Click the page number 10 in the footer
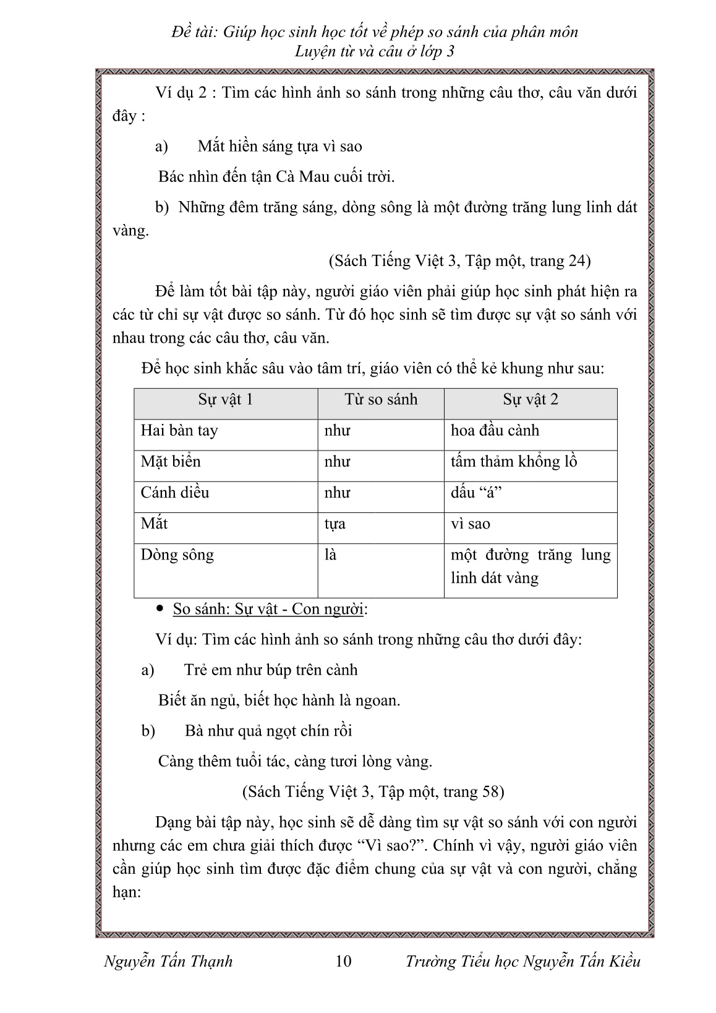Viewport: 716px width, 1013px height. [x=343, y=960]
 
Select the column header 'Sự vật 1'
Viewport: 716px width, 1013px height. [x=225, y=400]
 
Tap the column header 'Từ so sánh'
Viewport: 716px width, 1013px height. [x=381, y=400]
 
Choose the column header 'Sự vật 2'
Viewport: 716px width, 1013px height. [x=530, y=400]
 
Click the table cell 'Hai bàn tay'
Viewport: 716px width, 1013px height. [x=179, y=431]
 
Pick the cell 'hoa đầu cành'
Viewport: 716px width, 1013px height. [x=495, y=431]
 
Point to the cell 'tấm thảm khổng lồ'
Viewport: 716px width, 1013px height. [x=513, y=462]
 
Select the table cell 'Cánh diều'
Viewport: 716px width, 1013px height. [x=175, y=493]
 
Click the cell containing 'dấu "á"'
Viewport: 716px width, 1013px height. [x=474, y=493]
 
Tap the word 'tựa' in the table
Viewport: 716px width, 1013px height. [x=335, y=524]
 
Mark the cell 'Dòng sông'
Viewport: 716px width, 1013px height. [x=177, y=554]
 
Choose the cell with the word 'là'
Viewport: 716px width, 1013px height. [x=331, y=554]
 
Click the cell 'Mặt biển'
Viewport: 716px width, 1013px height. [x=171, y=462]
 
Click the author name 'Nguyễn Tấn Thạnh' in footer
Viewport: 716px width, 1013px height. [x=169, y=960]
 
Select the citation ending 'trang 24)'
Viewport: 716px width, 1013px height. [x=459, y=261]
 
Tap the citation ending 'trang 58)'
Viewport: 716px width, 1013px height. [x=372, y=791]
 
